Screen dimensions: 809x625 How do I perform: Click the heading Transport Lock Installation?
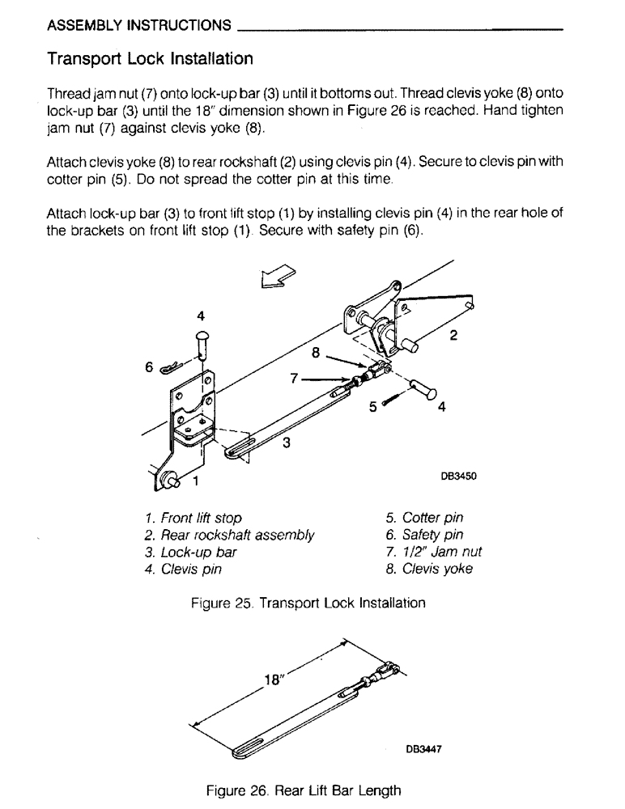(x=150, y=59)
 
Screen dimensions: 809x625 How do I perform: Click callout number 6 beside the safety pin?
(x=149, y=366)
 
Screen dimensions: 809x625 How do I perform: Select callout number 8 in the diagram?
(x=316, y=352)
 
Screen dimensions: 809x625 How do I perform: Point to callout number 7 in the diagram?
(x=296, y=377)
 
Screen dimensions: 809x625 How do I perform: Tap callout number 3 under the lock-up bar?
(x=286, y=443)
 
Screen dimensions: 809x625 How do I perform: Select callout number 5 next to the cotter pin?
(x=373, y=408)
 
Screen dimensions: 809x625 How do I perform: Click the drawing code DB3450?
(x=458, y=477)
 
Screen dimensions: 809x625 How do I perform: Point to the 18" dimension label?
(x=275, y=680)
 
